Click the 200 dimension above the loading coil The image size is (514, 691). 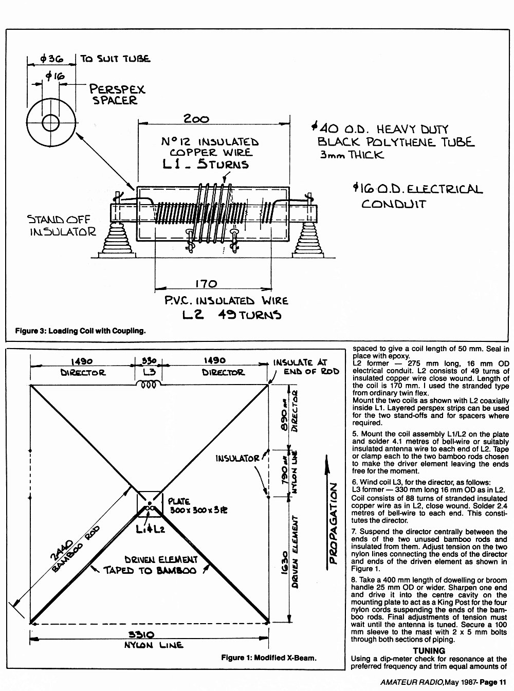coord(196,119)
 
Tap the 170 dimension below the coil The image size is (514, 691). coord(206,284)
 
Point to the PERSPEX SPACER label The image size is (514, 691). coord(117,95)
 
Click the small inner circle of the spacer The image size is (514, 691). coord(50,123)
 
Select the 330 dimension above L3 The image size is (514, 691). coord(149,361)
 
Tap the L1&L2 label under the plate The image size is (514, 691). coord(150,530)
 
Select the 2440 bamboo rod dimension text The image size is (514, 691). coord(62,558)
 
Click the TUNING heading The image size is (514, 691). coord(429,651)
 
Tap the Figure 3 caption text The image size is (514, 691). coord(80,331)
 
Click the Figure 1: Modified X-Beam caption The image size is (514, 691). coord(269,658)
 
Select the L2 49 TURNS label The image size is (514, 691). coord(232,315)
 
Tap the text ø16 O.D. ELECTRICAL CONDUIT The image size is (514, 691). coord(417,196)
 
